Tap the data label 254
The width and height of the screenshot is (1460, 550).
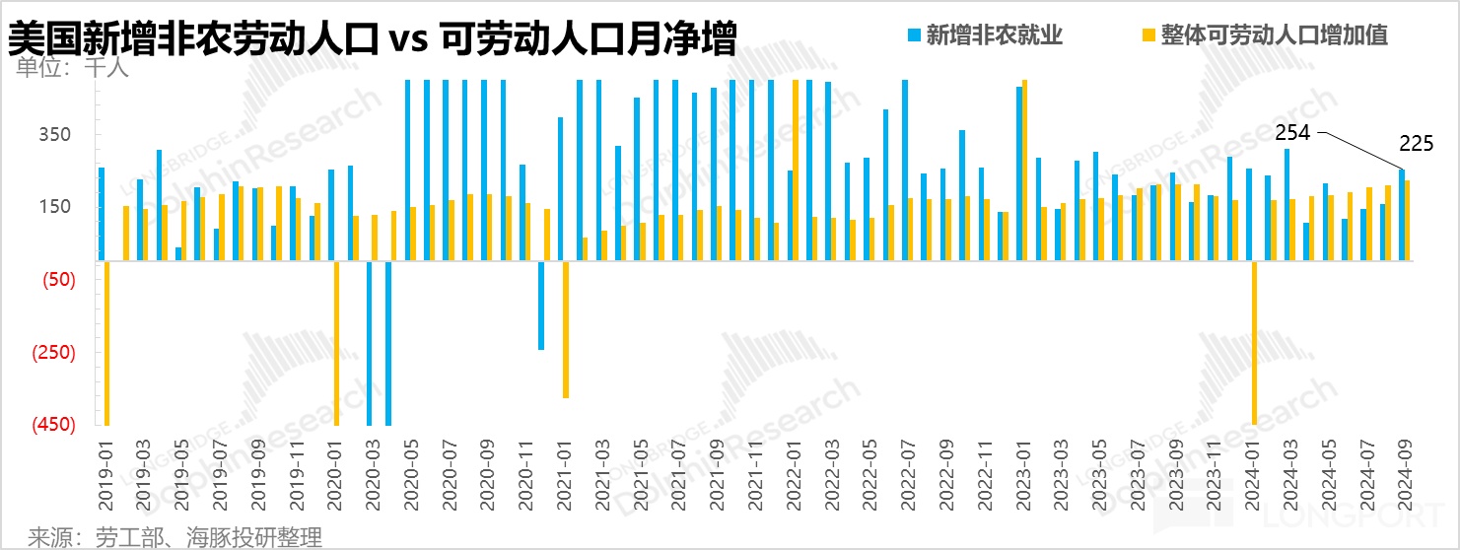coord(1292,133)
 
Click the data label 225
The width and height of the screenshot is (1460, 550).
coord(1416,144)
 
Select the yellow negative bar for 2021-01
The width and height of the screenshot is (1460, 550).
coord(565,329)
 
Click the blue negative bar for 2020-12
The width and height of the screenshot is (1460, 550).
coord(541,306)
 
